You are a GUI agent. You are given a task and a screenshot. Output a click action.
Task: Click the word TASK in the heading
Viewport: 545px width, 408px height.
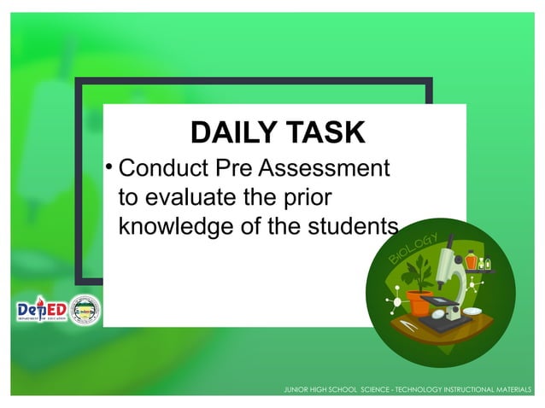[x=325, y=133]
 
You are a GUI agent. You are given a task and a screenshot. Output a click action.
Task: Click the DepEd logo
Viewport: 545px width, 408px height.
[x=40, y=311]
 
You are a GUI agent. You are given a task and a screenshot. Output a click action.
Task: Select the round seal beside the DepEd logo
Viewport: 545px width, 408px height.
[x=85, y=311]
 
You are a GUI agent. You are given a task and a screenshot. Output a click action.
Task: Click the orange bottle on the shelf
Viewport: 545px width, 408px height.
[x=471, y=259]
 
